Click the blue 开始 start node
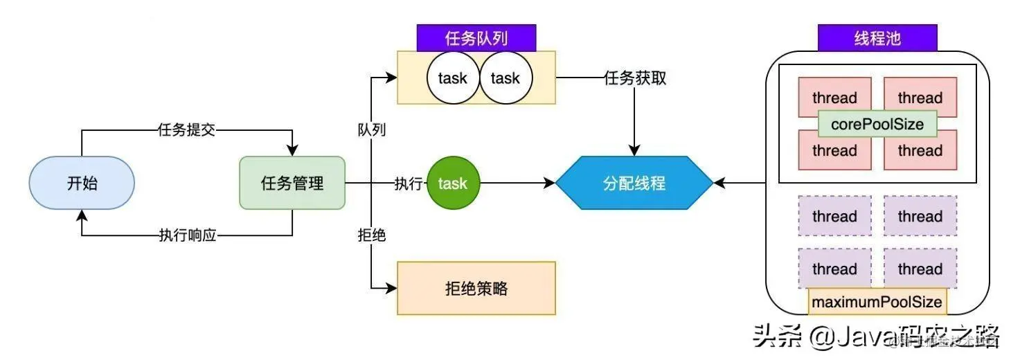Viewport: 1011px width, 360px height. click(x=82, y=183)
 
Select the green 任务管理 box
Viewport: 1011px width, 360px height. click(x=292, y=183)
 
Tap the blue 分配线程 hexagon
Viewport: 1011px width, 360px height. click(x=634, y=183)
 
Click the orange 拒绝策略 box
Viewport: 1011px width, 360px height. click(x=476, y=288)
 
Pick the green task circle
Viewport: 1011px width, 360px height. click(x=453, y=183)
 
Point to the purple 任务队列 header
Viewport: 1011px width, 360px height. click(x=476, y=38)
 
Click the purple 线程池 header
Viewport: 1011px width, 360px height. click(x=877, y=38)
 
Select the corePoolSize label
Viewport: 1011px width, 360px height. click(x=877, y=125)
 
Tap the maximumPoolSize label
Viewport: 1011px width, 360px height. click(x=877, y=302)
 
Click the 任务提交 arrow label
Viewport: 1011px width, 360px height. click(x=186, y=130)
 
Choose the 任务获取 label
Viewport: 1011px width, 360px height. click(x=635, y=78)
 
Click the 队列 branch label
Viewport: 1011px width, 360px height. click(x=372, y=129)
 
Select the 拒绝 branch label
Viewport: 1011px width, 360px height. click(x=372, y=235)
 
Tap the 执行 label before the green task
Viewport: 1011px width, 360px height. click(x=409, y=183)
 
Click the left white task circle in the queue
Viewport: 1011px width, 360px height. click(x=453, y=78)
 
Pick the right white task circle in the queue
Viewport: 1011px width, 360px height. click(x=505, y=78)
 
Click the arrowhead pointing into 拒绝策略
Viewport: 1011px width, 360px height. click(x=391, y=288)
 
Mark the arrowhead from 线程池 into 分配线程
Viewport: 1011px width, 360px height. click(x=720, y=183)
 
